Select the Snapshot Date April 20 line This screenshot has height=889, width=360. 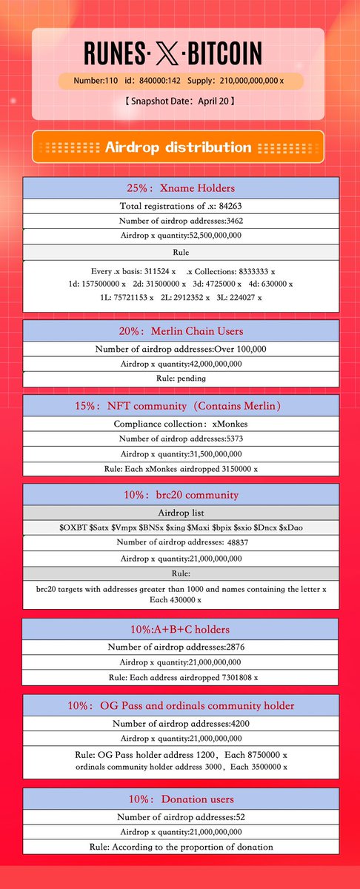coord(180,100)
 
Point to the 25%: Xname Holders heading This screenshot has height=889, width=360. coord(180,187)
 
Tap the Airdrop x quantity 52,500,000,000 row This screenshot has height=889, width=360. coord(180,236)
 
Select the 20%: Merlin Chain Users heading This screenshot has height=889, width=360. coord(180,330)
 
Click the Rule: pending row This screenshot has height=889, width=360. coord(180,379)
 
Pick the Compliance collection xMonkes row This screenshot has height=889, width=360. coord(180,424)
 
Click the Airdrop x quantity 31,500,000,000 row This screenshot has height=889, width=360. coord(180,453)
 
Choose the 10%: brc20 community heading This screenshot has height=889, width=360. coord(180,494)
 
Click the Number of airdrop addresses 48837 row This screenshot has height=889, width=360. coord(180,542)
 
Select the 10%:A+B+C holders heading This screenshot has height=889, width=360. coord(180,630)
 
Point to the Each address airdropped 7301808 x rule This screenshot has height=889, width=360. coord(180,677)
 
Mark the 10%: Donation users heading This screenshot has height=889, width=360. coord(180,799)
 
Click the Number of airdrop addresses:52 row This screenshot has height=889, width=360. coord(180,817)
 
